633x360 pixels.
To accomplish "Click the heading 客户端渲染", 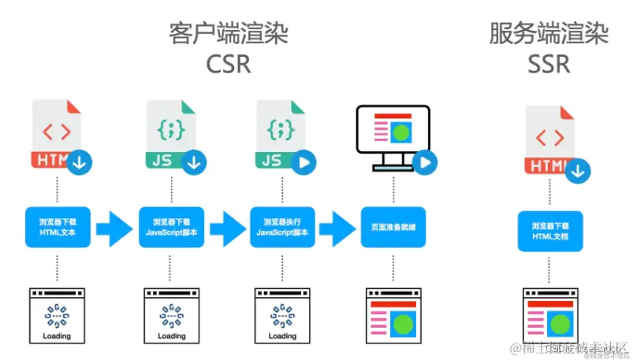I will point(229,34).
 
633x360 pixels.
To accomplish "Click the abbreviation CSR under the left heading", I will point(229,63).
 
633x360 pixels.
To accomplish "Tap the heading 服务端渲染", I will point(549,34).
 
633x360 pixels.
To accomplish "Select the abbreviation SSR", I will point(549,63).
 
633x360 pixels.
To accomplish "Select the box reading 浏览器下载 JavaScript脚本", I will point(171,227).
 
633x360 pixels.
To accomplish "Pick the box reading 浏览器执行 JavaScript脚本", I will point(282,227).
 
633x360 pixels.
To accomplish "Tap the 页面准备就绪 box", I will point(393,227).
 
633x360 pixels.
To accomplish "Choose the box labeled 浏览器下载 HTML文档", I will point(550,231).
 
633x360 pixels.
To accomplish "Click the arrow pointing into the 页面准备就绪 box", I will point(337,228).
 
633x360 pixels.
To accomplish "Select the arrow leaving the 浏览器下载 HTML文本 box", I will point(114,228).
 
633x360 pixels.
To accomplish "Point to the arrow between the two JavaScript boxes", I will point(228,228).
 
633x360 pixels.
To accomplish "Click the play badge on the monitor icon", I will point(425,162).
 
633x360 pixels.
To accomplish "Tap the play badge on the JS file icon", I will point(305,162).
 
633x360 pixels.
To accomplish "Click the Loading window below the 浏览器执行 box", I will point(281,317).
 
